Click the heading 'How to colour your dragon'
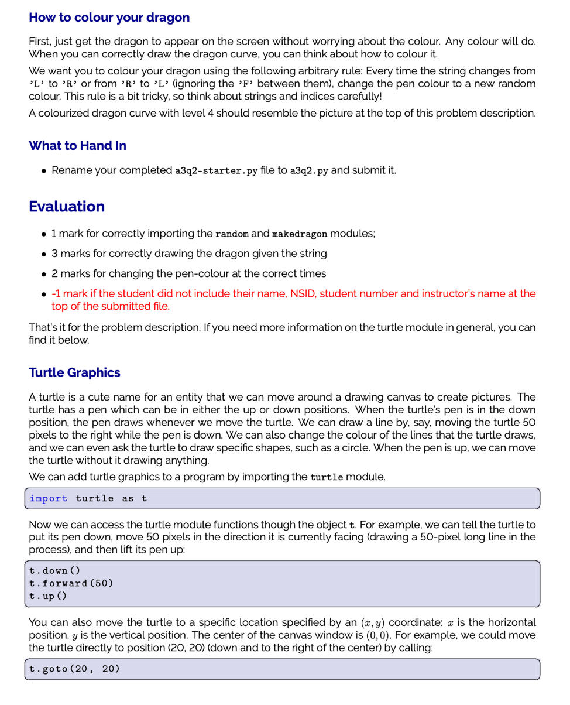tap(109, 17)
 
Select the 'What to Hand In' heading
tap(77, 146)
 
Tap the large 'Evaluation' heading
tap(67, 206)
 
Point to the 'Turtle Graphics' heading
tap(74, 372)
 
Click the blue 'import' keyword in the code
tap(48, 498)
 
